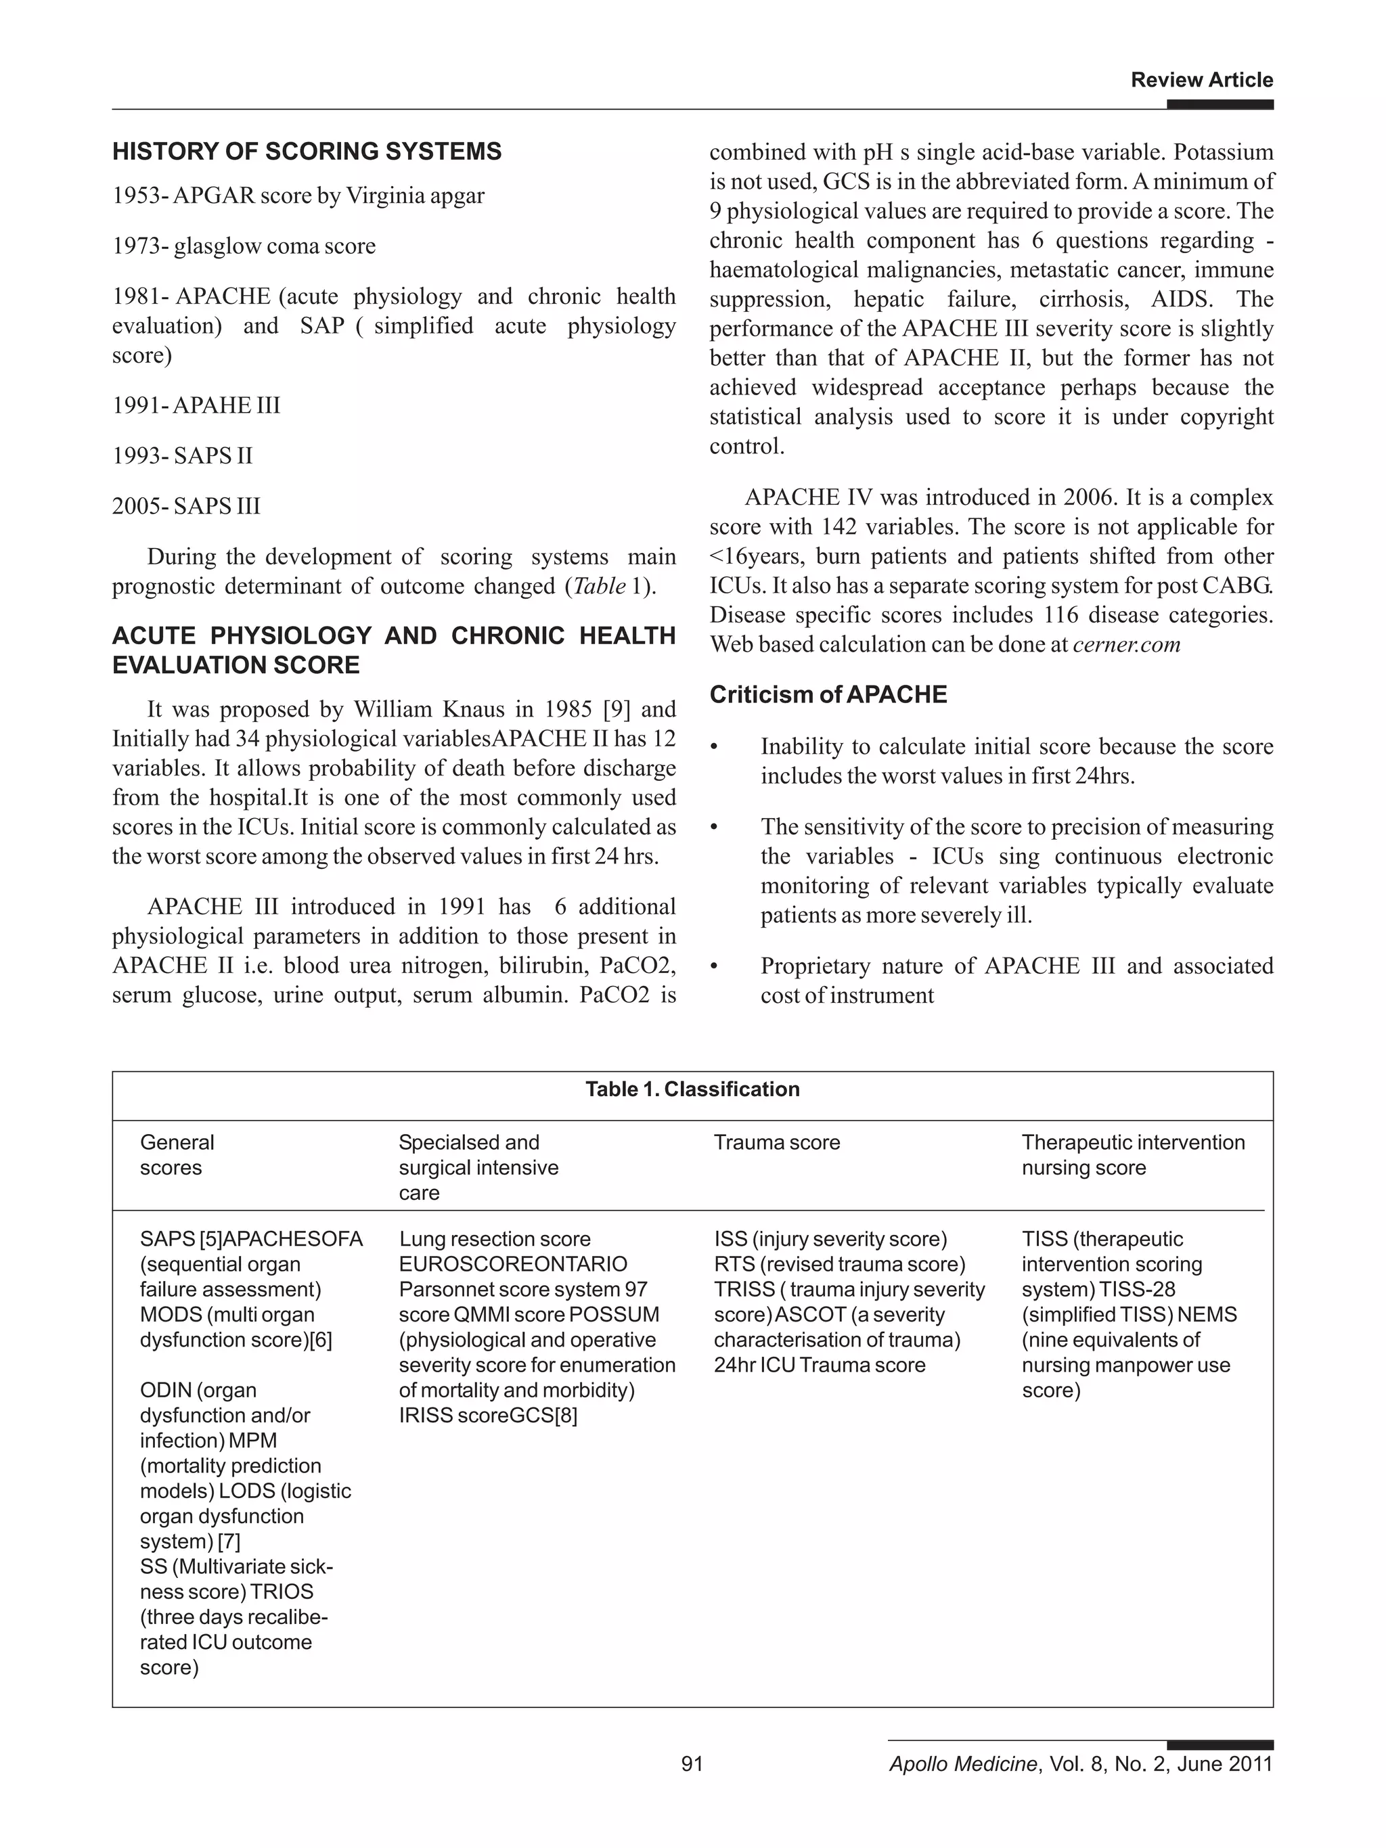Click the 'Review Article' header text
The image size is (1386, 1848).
(1201, 81)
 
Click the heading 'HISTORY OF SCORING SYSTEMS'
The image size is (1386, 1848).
(307, 152)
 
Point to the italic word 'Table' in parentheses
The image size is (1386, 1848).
(598, 587)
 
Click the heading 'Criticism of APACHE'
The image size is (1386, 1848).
(828, 695)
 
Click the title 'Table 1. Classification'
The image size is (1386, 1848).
(692, 1089)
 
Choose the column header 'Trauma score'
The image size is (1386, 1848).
(776, 1143)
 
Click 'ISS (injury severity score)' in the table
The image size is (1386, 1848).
(830, 1239)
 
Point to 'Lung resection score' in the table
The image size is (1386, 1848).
(494, 1239)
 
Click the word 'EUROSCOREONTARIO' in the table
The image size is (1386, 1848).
(512, 1264)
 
